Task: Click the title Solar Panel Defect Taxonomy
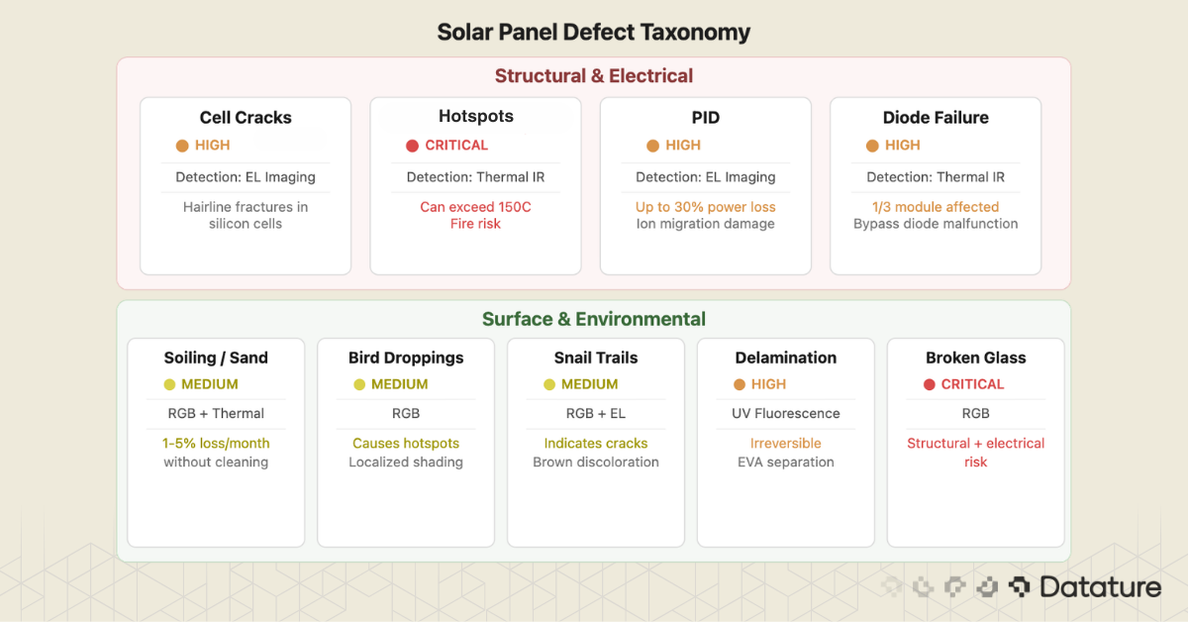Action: pos(594,32)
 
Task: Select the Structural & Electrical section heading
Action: pos(594,76)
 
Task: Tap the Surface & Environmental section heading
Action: pos(594,319)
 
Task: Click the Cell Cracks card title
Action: pos(246,118)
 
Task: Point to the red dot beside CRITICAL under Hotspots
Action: pos(413,146)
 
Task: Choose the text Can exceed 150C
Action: pos(475,207)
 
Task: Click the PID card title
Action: pos(706,118)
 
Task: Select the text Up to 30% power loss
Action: pos(706,207)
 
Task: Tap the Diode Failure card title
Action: pos(936,118)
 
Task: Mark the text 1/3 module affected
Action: pos(936,207)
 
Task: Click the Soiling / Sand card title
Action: pos(216,358)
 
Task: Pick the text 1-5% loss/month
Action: pos(216,443)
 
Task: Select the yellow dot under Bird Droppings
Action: pos(360,384)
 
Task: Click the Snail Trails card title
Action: pos(596,358)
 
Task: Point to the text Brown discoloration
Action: pos(596,462)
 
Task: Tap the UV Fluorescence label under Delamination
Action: pos(786,413)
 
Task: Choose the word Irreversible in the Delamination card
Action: pos(786,443)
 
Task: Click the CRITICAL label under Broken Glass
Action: pos(972,384)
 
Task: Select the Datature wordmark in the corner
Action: pos(1100,587)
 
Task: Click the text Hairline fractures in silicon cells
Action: pos(246,215)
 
